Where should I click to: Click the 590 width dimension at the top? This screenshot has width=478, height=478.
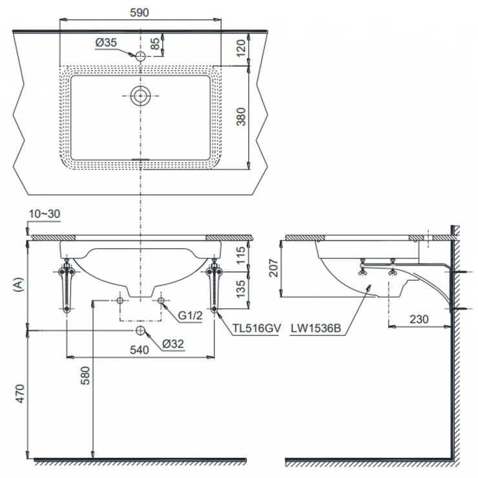click(140, 12)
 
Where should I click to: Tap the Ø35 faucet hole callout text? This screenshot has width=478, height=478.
click(106, 43)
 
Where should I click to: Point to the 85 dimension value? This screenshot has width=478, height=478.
click(155, 43)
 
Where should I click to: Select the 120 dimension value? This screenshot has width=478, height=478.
click(240, 48)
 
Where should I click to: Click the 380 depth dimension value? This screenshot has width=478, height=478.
click(241, 117)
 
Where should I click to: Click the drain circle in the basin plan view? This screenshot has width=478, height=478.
click(140, 96)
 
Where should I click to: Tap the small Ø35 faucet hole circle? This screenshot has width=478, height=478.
click(140, 56)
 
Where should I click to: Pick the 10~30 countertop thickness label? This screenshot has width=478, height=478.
click(45, 214)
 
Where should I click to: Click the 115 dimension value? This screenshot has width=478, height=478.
click(241, 255)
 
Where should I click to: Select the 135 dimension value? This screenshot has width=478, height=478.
click(241, 289)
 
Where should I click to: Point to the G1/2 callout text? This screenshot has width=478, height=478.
click(190, 315)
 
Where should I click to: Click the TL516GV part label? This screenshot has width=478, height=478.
click(256, 328)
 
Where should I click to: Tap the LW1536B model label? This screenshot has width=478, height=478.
click(316, 328)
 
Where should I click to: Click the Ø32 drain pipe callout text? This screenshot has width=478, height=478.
click(173, 344)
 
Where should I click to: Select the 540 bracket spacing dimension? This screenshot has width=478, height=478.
click(140, 350)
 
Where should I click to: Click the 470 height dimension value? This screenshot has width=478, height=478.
click(20, 393)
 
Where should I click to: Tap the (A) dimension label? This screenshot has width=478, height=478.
click(19, 284)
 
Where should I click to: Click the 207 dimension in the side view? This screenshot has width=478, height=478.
click(273, 268)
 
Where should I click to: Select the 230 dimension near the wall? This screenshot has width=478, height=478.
click(419, 319)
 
